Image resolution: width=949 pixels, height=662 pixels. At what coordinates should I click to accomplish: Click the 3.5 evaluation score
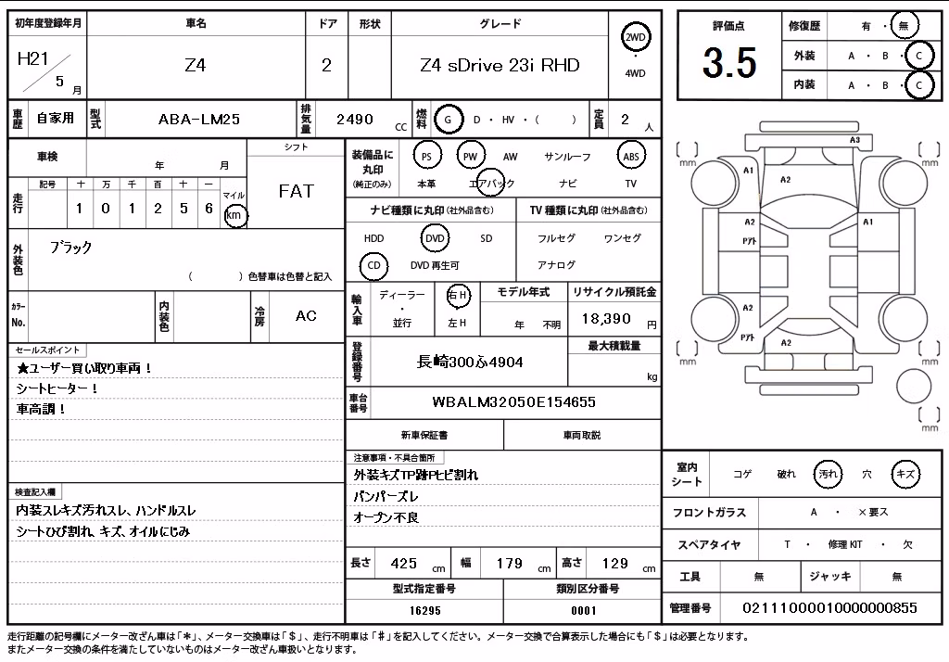[x=729, y=62]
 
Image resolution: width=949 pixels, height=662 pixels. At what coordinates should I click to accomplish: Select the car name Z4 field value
[x=195, y=65]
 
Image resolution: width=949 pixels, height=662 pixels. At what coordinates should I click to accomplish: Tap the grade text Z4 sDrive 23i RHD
[x=500, y=65]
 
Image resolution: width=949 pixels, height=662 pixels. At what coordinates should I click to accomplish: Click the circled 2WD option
[x=635, y=38]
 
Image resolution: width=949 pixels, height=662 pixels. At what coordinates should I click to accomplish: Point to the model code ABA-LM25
[x=199, y=120]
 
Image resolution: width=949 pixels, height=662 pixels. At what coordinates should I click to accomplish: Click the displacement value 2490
[x=355, y=120]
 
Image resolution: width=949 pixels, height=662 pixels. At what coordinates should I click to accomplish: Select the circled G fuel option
[x=448, y=120]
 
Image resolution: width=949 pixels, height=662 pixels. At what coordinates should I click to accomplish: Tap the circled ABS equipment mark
[x=631, y=157]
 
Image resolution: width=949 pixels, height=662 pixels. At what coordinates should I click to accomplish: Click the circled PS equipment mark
[x=426, y=157]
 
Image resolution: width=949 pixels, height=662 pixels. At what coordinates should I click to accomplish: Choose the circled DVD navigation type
[x=436, y=238]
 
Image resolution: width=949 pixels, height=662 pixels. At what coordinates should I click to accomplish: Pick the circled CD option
[x=374, y=265]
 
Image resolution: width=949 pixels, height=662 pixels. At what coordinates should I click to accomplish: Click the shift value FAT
[x=296, y=191]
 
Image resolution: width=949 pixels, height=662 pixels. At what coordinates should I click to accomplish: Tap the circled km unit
[x=234, y=215]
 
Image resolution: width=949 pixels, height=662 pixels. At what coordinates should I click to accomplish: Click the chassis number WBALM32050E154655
[x=513, y=402]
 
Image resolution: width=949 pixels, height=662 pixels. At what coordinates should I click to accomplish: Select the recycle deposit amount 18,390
[x=606, y=319]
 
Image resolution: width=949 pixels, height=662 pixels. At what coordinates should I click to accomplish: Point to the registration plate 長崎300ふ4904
[x=470, y=363]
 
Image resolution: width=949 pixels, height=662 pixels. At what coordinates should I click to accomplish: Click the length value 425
[x=404, y=564]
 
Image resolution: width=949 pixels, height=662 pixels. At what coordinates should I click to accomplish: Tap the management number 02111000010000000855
[x=829, y=608]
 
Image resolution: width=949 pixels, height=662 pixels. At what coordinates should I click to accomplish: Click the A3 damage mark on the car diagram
[x=854, y=141]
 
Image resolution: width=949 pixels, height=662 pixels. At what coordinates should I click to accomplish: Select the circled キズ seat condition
[x=905, y=474]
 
